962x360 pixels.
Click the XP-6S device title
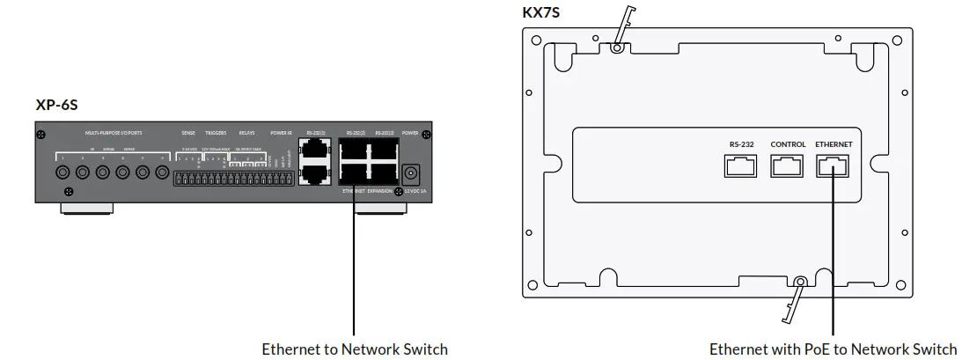coord(56,106)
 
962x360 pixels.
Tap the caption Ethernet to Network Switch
coord(354,349)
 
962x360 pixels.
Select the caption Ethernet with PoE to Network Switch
coord(833,349)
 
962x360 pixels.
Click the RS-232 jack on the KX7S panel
coord(740,165)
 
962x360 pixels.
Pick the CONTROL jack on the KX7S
coord(787,165)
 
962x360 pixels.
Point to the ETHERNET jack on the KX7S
coord(833,165)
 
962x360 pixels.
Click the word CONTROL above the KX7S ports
coord(788,143)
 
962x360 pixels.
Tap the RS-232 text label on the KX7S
coord(740,143)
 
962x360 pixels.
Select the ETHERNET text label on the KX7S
coord(833,143)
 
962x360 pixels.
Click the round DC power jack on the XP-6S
coord(410,173)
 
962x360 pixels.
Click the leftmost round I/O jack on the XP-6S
coord(63,173)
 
